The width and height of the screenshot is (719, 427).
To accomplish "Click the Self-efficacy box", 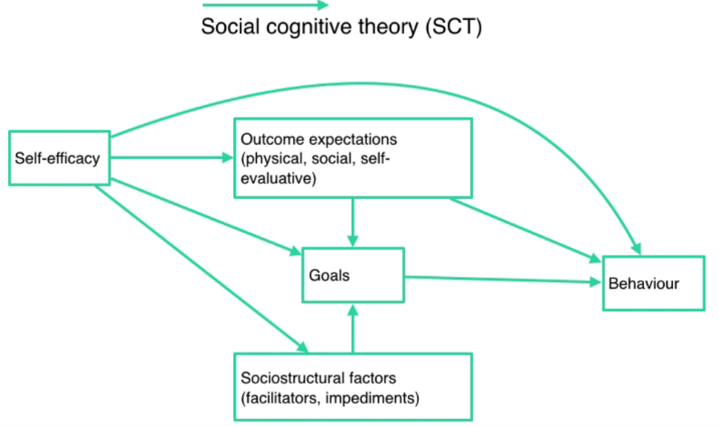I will pyautogui.click(x=57, y=159).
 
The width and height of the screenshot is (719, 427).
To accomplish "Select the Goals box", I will pyautogui.click(x=353, y=274).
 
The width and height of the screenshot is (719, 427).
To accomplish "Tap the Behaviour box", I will pyautogui.click(x=654, y=283).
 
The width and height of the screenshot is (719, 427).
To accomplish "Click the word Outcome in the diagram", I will pyautogui.click(x=269, y=141).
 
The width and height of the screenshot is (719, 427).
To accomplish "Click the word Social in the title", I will pyautogui.click(x=226, y=26).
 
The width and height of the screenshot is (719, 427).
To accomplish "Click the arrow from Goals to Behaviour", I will pyautogui.click(x=502, y=280).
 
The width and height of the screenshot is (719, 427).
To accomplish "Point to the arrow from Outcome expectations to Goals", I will pyautogui.click(x=353, y=221).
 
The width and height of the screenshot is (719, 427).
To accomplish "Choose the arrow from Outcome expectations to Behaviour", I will pyautogui.click(x=525, y=227).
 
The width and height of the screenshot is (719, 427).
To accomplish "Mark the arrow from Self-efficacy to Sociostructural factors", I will pyautogui.click(x=199, y=267).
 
